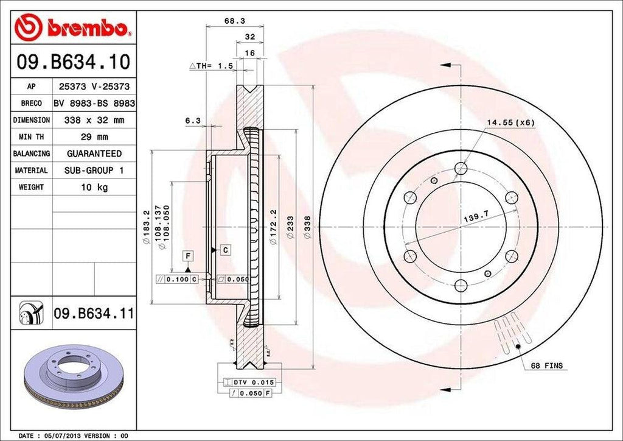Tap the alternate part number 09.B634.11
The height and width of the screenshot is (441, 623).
point(94,314)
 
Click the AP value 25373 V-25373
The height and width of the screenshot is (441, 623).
point(94,87)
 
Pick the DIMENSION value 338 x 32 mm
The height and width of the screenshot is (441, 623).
point(94,121)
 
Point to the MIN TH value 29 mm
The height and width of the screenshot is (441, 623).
point(94,137)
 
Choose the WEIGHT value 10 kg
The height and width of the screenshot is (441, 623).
point(94,187)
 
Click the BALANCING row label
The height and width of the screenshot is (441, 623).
point(32,154)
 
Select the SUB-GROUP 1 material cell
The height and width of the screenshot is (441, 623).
point(94,171)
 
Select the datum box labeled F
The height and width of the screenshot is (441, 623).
point(188,256)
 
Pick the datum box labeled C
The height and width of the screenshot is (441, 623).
point(224,250)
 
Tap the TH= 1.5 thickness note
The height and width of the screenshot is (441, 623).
point(212,66)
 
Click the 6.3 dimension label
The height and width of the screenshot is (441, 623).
point(193,121)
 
